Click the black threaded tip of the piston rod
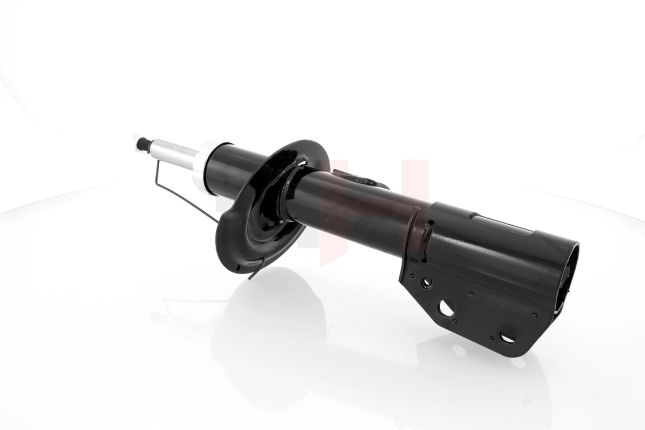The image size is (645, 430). pyautogui.click(x=143, y=143)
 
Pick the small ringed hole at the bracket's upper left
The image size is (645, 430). pyautogui.click(x=426, y=281)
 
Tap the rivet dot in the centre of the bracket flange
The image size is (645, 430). pyautogui.click(x=471, y=295)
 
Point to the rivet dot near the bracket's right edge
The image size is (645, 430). pyautogui.click(x=535, y=315)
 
